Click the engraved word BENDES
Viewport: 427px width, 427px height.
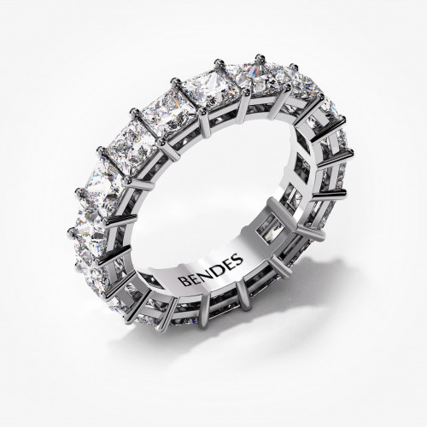(x=212, y=270)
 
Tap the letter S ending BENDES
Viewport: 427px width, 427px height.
(x=238, y=258)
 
